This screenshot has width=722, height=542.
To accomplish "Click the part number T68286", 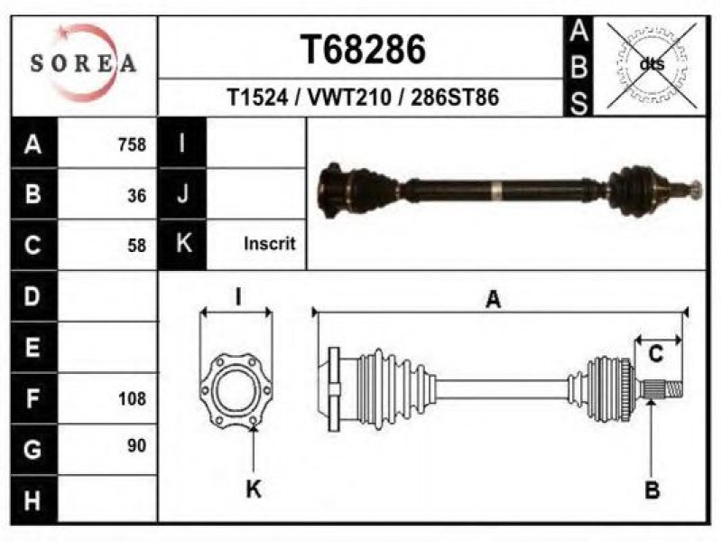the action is tap(363, 50).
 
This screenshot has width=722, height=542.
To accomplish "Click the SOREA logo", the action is tap(83, 62).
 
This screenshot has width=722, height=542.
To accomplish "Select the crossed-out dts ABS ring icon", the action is tap(652, 65).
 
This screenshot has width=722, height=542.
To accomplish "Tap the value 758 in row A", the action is tap(132, 145).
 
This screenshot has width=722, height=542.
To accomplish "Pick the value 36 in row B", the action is tap(137, 196).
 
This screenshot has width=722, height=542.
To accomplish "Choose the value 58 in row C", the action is tap(137, 245).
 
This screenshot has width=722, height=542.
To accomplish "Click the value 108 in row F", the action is tap(132, 398).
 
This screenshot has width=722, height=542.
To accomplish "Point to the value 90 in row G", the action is tap(137, 445).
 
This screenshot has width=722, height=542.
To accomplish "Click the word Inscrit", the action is tap(269, 243).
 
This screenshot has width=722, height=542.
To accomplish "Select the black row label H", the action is tap(33, 500).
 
